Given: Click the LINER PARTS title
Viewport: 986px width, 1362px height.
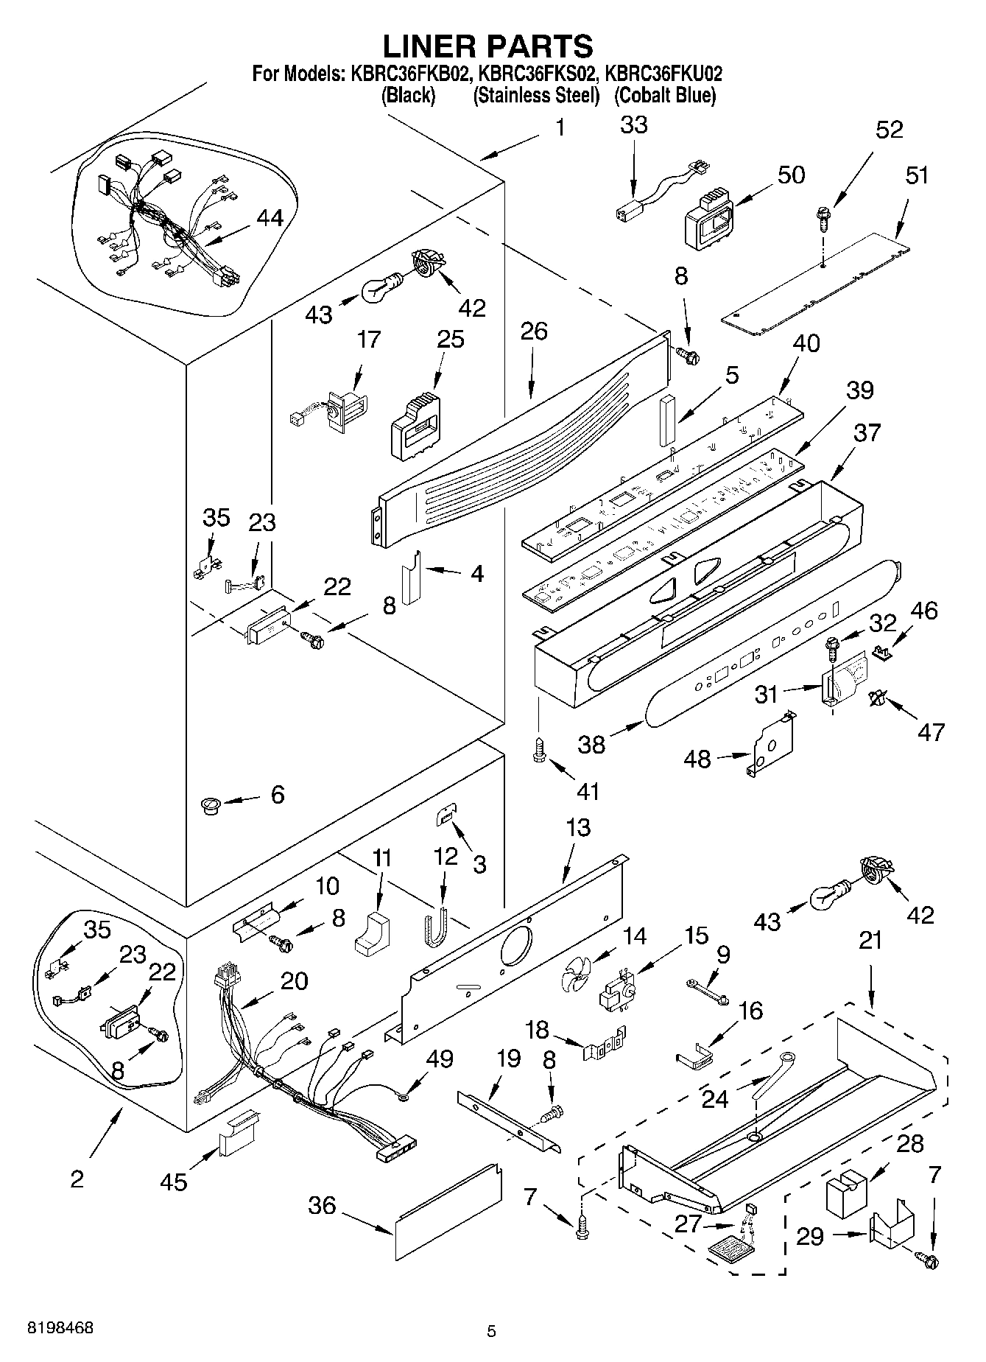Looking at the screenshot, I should click(x=487, y=46).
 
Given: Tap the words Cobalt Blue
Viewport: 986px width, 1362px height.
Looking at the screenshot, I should click(x=664, y=96).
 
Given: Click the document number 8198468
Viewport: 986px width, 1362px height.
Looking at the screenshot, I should click(x=60, y=1328).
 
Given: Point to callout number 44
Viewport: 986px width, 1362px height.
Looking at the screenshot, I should click(x=270, y=218).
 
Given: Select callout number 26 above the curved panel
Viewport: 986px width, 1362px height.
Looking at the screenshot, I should click(x=533, y=331).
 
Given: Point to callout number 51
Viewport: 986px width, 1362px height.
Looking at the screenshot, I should click(x=917, y=175).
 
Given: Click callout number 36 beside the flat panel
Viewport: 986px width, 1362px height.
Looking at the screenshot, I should click(x=323, y=1206).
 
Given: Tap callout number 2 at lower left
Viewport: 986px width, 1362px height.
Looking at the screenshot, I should click(x=77, y=1178).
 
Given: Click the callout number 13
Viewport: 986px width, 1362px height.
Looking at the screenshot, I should click(x=579, y=827).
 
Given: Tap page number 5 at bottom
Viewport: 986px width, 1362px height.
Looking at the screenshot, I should click(x=491, y=1331).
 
